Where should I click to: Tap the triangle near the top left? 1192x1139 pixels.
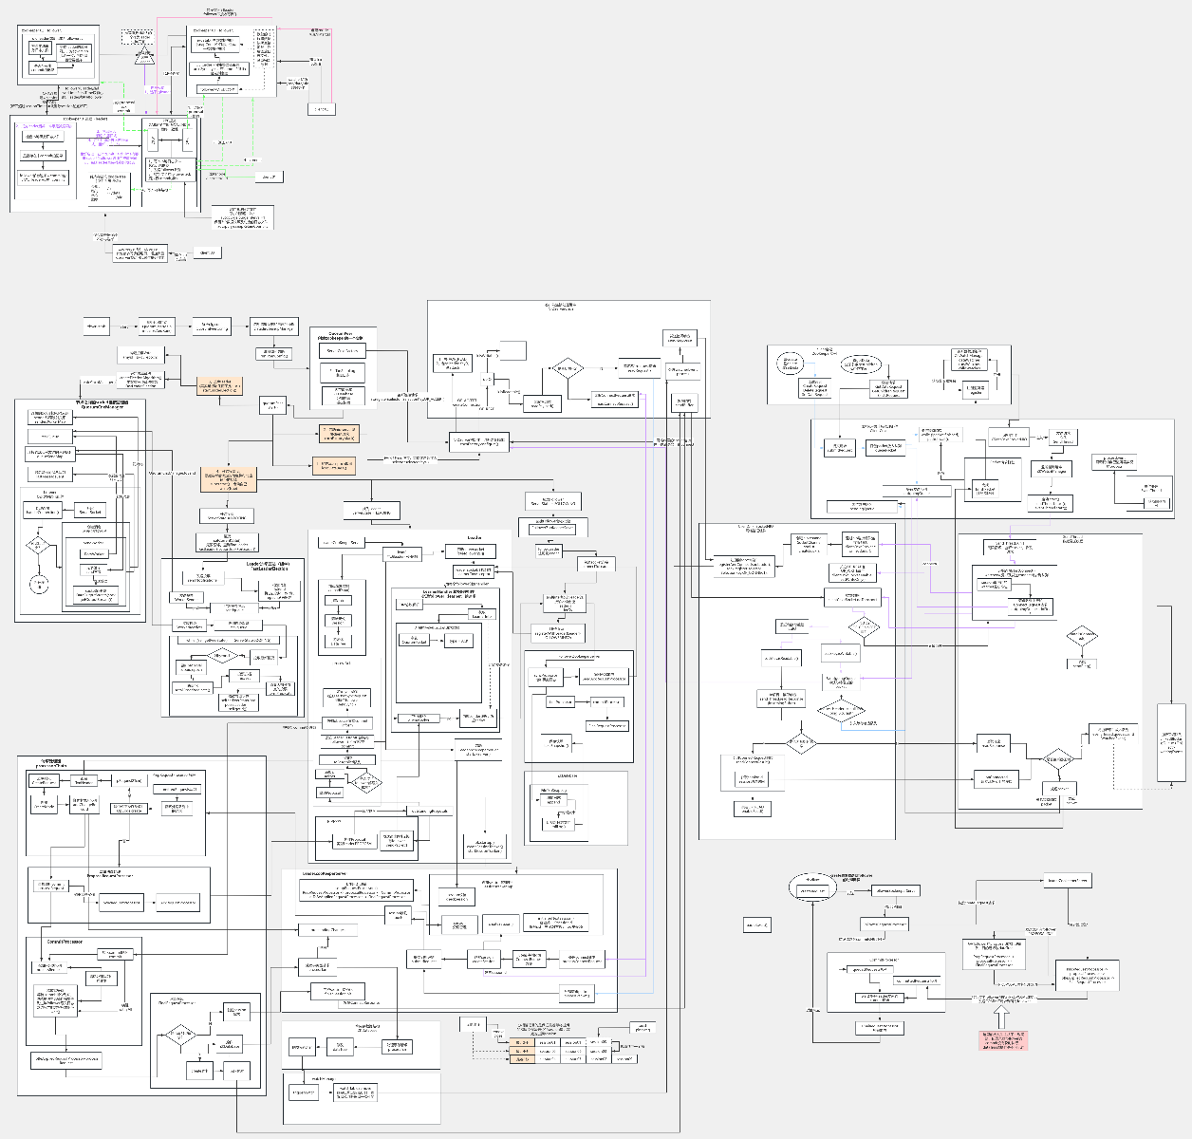pos(144,55)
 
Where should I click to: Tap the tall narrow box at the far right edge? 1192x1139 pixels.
pos(1171,742)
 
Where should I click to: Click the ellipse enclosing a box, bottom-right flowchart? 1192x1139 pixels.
pos(812,890)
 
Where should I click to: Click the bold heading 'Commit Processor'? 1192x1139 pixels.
pos(65,942)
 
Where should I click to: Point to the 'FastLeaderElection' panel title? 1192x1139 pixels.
pos(276,565)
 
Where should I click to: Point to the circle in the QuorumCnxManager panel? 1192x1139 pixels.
pos(39,583)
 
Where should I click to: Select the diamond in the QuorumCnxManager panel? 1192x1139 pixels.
pos(37,545)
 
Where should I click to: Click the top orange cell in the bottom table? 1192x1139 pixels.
pos(522,1042)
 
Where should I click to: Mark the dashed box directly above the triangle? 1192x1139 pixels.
pos(138,36)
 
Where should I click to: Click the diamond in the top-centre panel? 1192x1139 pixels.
pos(567,368)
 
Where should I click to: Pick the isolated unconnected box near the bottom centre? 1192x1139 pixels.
pos(756,924)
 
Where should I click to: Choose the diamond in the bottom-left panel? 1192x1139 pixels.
pos(179,1034)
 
